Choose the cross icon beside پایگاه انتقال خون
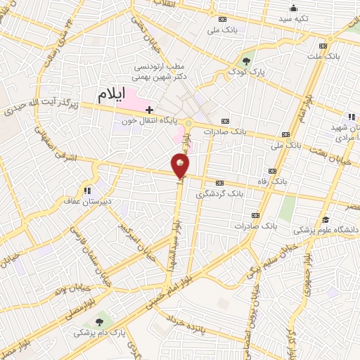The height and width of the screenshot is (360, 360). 149,110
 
